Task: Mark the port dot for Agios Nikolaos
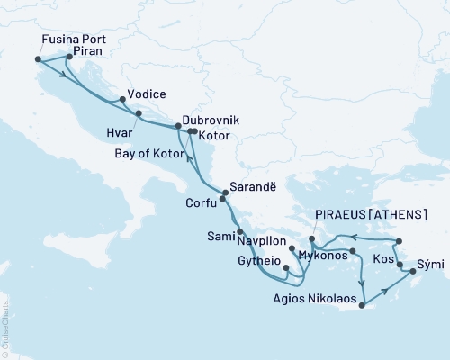point(360,307)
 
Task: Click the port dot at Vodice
point(121,99)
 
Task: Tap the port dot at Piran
point(68,58)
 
